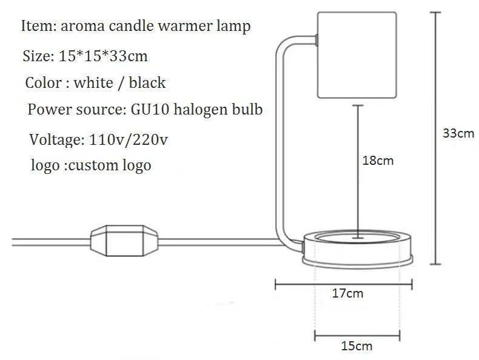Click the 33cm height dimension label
(458, 133)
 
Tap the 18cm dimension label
(377, 161)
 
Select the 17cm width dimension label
(348, 294)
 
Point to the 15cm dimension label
(357, 346)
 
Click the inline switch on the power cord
(124, 241)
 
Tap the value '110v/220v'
(128, 140)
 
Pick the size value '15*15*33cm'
(103, 57)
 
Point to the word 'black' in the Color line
(146, 82)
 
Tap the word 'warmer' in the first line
(191, 27)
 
